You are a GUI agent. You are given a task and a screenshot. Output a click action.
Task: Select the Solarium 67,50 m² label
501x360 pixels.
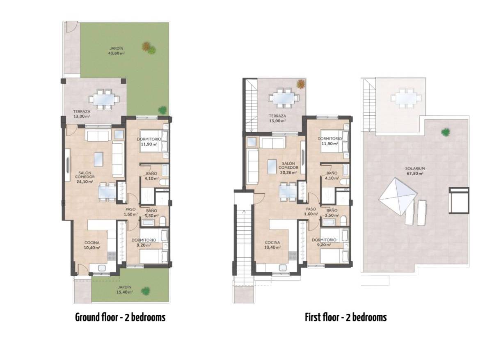[415, 171]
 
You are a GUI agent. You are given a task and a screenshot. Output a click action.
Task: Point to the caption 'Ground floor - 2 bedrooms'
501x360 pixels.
[120, 317]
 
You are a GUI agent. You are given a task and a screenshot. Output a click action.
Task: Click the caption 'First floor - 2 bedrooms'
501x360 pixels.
[345, 317]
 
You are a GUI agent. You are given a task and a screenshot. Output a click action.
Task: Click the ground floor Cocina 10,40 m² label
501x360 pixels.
[93, 245]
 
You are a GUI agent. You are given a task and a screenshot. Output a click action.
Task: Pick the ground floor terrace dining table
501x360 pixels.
[104, 99]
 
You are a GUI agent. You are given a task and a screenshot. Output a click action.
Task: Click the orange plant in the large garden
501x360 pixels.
[146, 47]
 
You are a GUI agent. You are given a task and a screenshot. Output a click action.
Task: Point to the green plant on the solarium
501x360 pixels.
[445, 132]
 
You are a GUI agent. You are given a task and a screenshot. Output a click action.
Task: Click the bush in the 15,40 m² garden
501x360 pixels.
[145, 291]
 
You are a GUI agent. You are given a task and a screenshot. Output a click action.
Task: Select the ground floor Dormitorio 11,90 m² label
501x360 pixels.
[149, 142]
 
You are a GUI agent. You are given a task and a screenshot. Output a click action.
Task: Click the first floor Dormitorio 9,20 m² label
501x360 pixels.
[324, 242]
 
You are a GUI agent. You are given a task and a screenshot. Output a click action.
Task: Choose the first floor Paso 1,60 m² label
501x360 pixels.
[311, 211]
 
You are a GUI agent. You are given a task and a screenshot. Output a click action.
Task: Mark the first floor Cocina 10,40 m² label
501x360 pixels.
[272, 245]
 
